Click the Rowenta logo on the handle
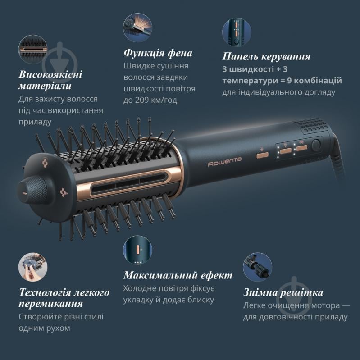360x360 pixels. [x=224, y=162]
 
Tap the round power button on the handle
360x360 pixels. [x=316, y=146]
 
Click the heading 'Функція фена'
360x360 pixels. [x=158, y=53]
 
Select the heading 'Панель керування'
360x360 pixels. [x=266, y=56]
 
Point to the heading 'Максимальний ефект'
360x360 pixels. [x=178, y=275]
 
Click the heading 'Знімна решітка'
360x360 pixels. [x=283, y=292]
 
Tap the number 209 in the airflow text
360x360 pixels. [x=142, y=100]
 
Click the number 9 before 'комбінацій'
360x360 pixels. [x=289, y=81]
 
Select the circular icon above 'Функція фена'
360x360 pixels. [x=137, y=27]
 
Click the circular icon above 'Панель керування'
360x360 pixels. [x=237, y=32]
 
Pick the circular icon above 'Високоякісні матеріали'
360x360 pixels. [x=33, y=49]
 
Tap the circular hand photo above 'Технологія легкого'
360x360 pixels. [x=33, y=267]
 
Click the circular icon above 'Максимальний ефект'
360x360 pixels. [x=137, y=250]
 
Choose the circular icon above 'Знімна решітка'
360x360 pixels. [x=258, y=267]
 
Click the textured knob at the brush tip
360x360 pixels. [x=32, y=190]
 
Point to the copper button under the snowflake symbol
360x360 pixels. [x=262, y=155]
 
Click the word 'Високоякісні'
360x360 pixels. [x=50, y=75]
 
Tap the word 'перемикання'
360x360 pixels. [x=51, y=304]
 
